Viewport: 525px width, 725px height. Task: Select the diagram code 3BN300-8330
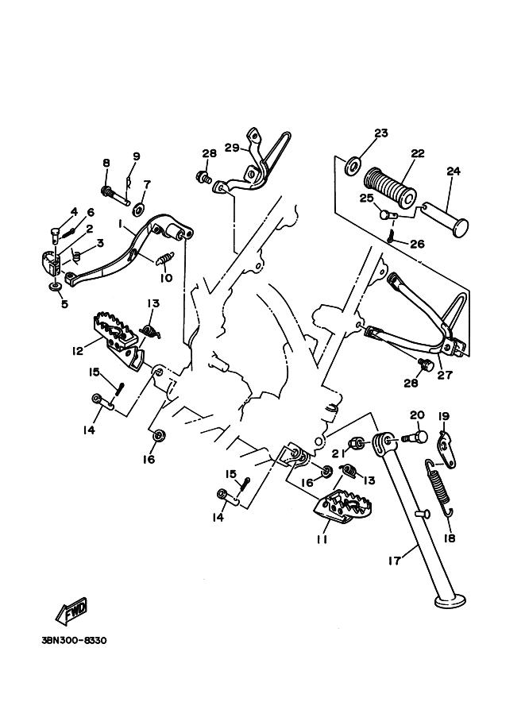[x=74, y=641]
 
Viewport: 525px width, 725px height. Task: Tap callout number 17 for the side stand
[x=395, y=561]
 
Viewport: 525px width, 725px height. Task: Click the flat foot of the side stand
[x=450, y=600]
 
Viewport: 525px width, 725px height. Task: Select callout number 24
[x=454, y=171]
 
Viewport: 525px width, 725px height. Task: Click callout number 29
[x=232, y=148]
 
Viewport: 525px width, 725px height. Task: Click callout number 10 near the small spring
[x=166, y=278]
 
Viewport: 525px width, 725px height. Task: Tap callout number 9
[x=136, y=156]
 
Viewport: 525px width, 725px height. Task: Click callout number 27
[x=445, y=375]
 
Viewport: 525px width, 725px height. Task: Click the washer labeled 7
[x=138, y=210]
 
